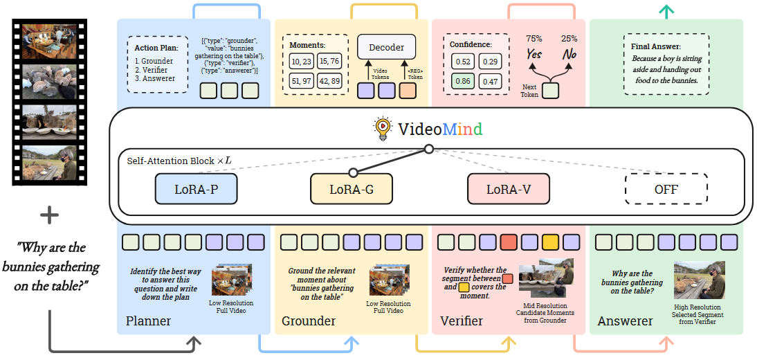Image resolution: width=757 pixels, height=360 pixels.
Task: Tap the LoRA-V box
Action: pos(509,189)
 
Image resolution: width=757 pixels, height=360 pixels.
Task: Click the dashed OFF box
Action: pos(666,189)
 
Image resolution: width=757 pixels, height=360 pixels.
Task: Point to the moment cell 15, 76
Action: pos(330,62)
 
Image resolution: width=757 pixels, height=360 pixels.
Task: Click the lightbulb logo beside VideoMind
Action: pos(382,128)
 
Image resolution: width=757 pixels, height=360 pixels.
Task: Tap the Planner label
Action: pos(148,321)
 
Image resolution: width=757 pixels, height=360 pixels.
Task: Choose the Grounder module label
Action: pos(309,321)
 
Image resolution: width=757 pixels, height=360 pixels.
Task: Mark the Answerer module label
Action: pos(626,321)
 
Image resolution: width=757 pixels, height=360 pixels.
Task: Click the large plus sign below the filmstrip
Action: pos(49,217)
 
